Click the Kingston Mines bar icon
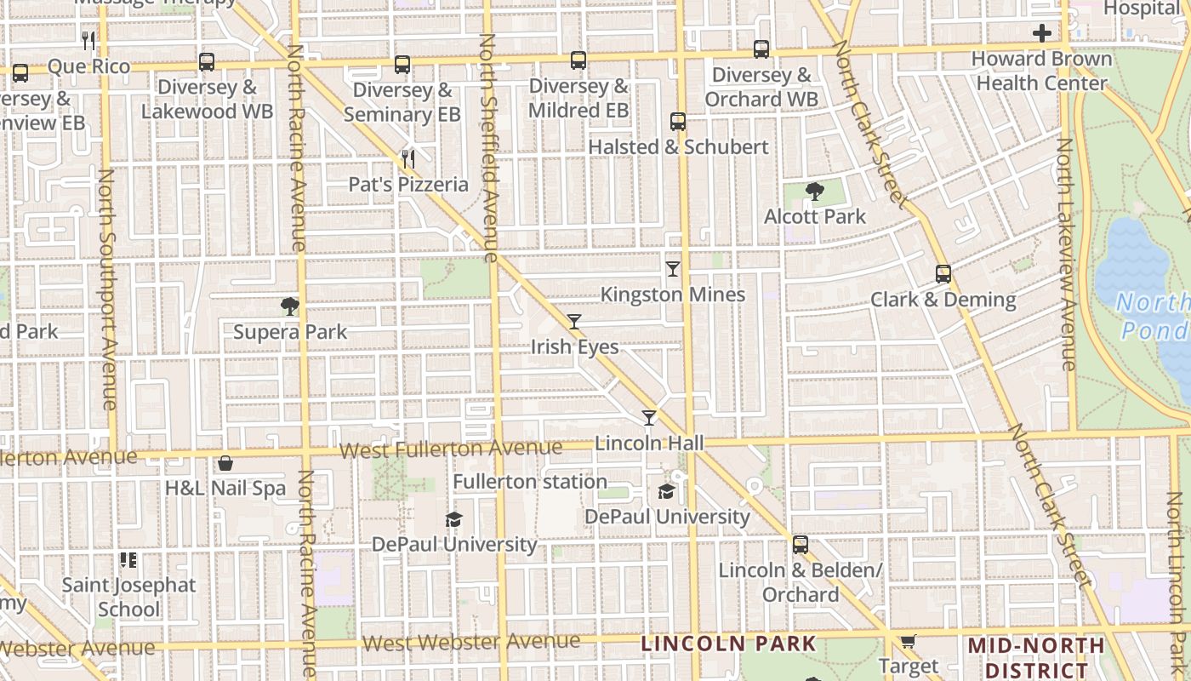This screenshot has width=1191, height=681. click(673, 269)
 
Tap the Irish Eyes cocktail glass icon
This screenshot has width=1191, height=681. click(574, 322)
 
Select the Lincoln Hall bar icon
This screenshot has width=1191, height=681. click(649, 417)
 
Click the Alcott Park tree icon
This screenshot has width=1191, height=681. click(815, 191)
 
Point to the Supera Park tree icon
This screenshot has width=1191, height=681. click(290, 306)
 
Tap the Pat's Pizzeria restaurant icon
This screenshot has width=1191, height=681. click(408, 158)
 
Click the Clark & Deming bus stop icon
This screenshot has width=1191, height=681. click(943, 274)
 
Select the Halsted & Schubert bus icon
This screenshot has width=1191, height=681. click(678, 122)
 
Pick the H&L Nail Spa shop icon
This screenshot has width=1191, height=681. click(225, 463)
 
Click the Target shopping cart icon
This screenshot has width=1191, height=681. click(908, 641)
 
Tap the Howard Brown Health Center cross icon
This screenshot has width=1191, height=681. click(1041, 34)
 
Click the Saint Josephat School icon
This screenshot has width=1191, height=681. click(128, 560)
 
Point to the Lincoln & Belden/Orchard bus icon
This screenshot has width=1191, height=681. click(800, 545)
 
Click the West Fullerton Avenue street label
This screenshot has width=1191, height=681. click(451, 449)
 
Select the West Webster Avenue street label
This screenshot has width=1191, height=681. click(471, 642)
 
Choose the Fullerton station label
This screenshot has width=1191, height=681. click(530, 482)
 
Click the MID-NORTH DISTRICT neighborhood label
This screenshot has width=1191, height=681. click(1036, 657)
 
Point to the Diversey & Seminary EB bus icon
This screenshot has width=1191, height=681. click(402, 65)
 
